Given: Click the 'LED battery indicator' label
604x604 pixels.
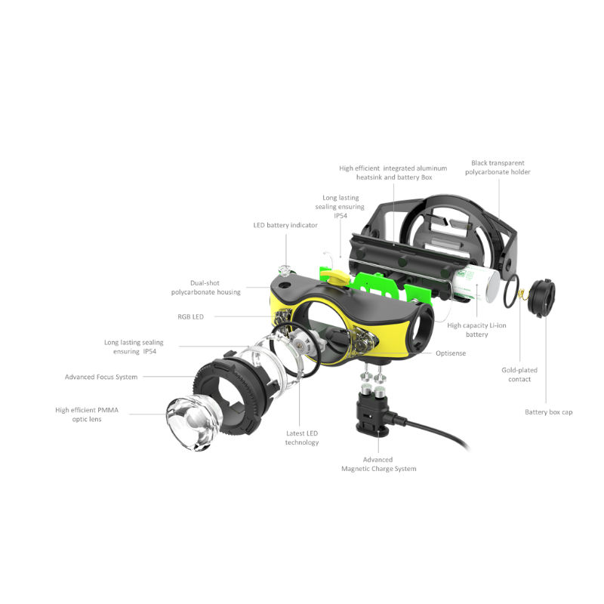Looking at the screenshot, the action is point(285,225).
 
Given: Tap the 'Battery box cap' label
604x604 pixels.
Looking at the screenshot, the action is point(549,412).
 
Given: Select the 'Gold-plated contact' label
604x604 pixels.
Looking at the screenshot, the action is point(519,374).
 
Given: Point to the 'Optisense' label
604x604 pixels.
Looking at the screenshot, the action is point(451,353).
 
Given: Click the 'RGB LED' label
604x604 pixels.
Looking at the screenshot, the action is point(191,316).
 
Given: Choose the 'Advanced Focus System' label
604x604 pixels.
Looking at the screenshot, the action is point(101,377).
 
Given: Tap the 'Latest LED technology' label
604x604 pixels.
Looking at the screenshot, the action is point(302,438).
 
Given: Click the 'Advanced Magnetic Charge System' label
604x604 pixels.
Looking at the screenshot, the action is point(379,464).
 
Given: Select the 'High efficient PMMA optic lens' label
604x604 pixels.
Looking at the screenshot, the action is point(87,414).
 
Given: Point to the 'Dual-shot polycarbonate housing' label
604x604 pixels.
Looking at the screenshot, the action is point(205,288).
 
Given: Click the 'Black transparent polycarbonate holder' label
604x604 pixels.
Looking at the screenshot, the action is point(498,168).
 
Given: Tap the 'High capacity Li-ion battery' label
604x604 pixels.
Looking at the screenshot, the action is point(477,330).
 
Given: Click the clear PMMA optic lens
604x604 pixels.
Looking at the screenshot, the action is point(193,423).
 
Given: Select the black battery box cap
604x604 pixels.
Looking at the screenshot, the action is point(542,297).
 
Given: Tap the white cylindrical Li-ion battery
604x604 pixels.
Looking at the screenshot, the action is point(476,285).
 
